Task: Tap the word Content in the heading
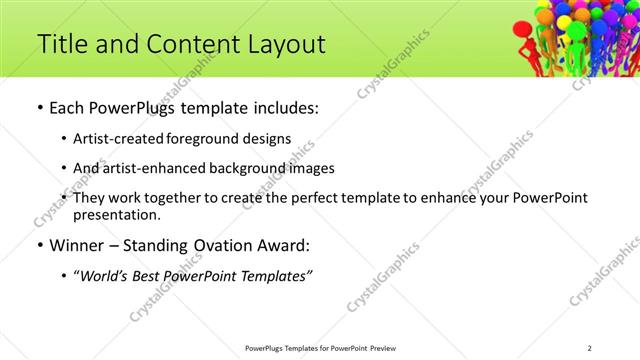tap(192, 44)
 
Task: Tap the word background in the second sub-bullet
tap(249, 168)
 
